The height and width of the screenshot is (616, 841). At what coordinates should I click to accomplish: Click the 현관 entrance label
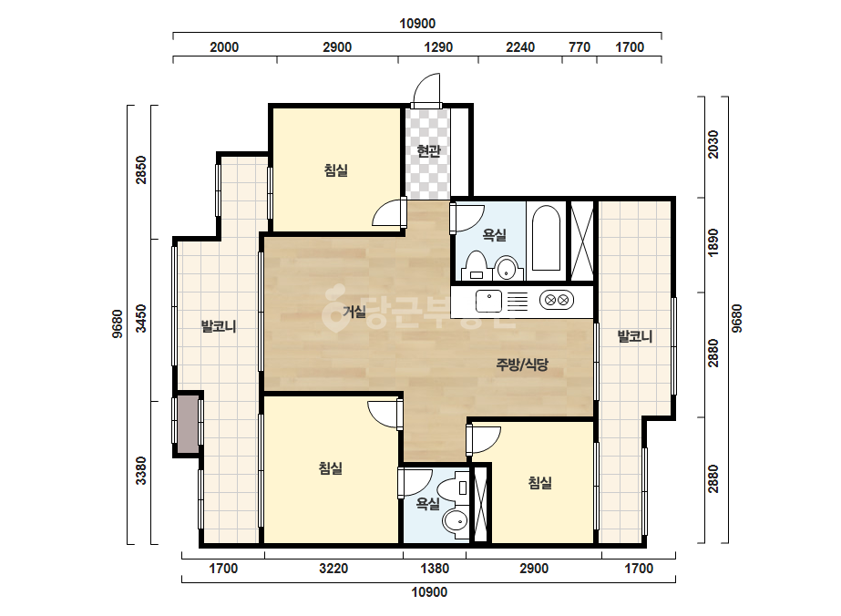pyautogui.click(x=428, y=151)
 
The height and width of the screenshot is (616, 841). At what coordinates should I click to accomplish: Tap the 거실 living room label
pyautogui.click(x=354, y=312)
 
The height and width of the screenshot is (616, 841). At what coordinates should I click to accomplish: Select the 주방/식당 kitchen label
pyautogui.click(x=522, y=364)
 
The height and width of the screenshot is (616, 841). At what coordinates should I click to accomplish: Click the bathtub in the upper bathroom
pyautogui.click(x=546, y=238)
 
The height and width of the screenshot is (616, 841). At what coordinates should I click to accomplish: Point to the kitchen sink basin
pyautogui.click(x=488, y=301)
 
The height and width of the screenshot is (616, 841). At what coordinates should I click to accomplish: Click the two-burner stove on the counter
pyautogui.click(x=557, y=300)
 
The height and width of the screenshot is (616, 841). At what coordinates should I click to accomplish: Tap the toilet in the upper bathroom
pyautogui.click(x=476, y=265)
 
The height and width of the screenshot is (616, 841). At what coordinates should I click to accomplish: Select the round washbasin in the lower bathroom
pyautogui.click(x=456, y=521)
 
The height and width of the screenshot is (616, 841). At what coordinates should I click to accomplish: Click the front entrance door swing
pyautogui.click(x=427, y=89)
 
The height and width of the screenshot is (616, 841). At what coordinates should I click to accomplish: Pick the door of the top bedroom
pyautogui.click(x=389, y=212)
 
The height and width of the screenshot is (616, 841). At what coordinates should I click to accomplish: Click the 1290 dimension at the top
pyautogui.click(x=438, y=47)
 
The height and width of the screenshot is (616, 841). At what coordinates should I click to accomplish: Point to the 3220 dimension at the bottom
pyautogui.click(x=333, y=569)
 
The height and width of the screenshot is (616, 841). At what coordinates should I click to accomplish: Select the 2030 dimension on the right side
pyautogui.click(x=713, y=144)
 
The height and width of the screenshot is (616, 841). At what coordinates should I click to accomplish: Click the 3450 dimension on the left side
pyautogui.click(x=140, y=319)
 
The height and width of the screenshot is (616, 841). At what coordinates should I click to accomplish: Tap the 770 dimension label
pyautogui.click(x=579, y=47)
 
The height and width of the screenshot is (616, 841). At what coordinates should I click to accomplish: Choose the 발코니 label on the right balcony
pyautogui.click(x=635, y=337)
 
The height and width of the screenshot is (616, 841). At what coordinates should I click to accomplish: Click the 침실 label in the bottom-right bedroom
pyautogui.click(x=539, y=483)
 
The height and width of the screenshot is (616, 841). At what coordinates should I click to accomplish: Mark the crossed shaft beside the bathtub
pyautogui.click(x=582, y=241)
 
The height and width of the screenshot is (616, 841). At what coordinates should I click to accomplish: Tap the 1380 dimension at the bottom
pyautogui.click(x=435, y=569)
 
